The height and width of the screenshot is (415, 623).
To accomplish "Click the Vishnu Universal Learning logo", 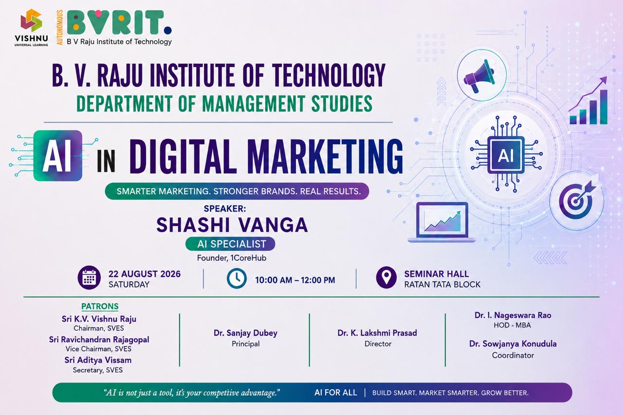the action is (31, 27).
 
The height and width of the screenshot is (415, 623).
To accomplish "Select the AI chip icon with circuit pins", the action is (506, 154).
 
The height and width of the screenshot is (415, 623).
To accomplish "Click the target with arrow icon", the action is (577, 200).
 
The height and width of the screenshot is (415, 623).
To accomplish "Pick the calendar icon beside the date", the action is (89, 278).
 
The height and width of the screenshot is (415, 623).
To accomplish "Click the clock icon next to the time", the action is (237, 278).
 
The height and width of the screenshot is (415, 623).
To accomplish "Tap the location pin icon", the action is (386, 277).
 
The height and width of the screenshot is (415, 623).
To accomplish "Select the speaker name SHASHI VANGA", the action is (232, 225).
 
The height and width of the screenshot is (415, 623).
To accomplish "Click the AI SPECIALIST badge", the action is (230, 244).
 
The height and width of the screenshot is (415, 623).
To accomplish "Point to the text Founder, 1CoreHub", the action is (232, 258).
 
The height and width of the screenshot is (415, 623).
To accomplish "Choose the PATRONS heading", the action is (100, 307).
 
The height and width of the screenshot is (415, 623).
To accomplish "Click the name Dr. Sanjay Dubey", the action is (246, 333).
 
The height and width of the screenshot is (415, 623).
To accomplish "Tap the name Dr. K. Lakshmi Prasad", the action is (377, 333).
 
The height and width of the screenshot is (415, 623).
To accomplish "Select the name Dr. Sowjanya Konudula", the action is (513, 344).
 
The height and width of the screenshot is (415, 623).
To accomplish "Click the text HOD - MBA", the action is (513, 325).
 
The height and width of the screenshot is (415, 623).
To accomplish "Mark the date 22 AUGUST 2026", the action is (145, 274).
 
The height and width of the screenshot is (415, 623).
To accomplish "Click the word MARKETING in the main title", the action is (325, 157).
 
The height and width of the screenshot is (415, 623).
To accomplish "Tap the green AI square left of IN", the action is (58, 156).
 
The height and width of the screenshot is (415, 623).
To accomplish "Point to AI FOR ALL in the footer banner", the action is (336, 393).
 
